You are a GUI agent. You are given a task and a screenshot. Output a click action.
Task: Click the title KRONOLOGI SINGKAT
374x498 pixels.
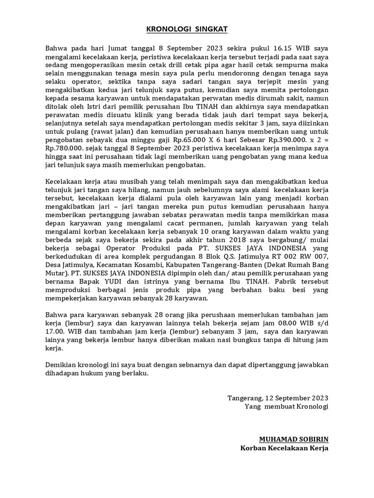click(x=187, y=30)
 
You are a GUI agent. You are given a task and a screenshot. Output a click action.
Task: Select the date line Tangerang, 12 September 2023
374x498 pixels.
click(x=278, y=397)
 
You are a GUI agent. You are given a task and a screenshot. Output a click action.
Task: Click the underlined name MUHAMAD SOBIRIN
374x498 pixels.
click(x=294, y=439)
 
